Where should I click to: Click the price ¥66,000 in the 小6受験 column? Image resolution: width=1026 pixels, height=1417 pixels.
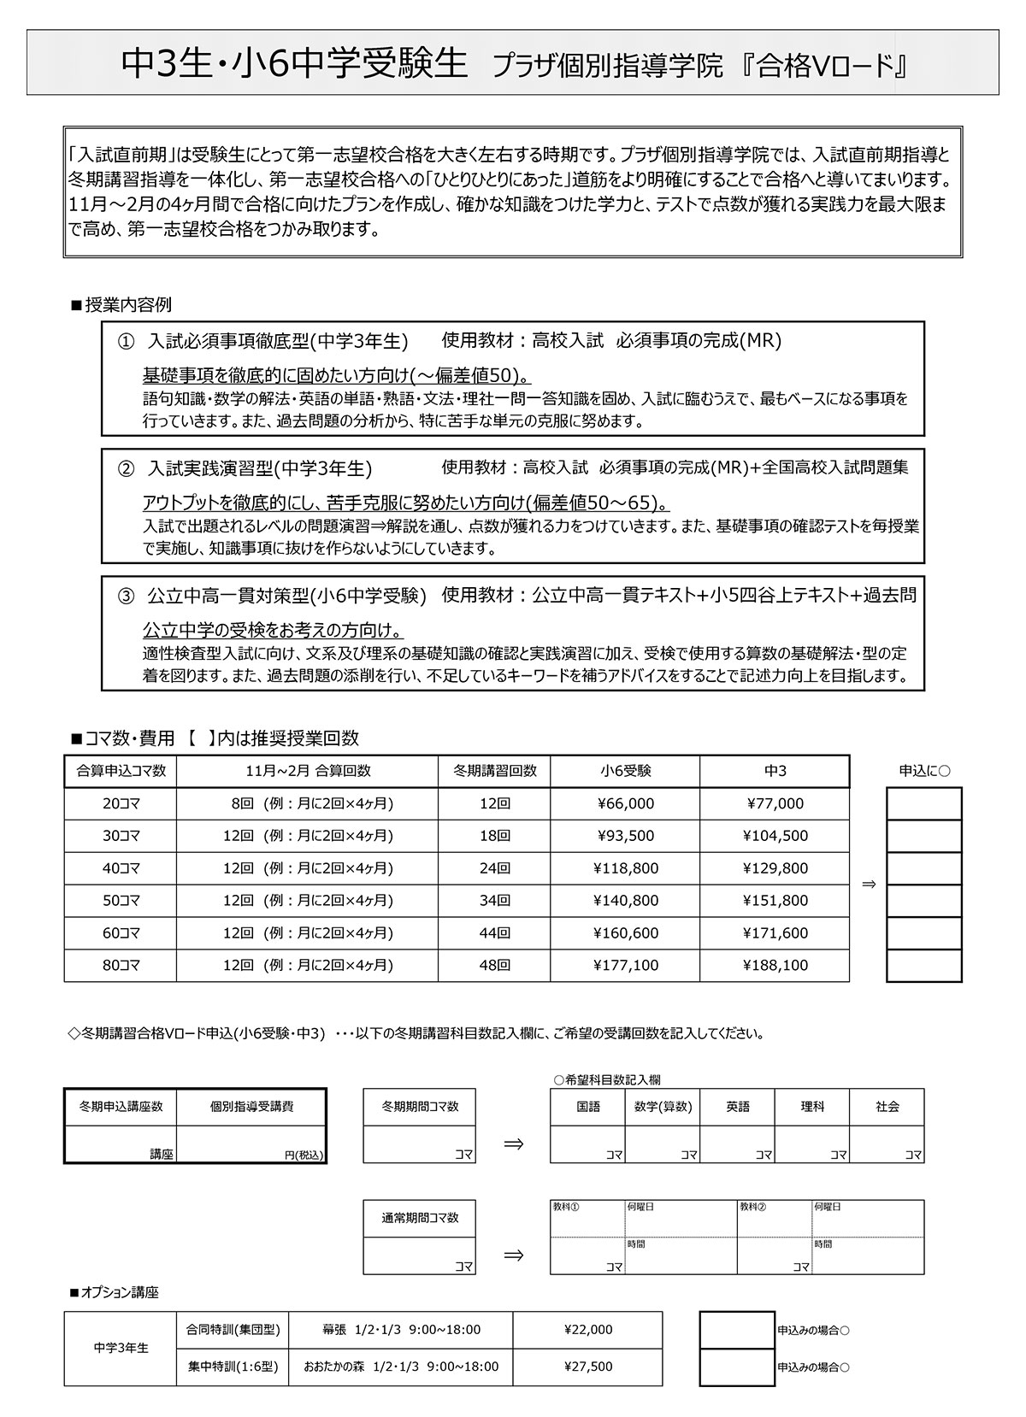coord(625,803)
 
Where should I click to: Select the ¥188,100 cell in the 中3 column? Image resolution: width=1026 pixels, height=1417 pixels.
coord(775,965)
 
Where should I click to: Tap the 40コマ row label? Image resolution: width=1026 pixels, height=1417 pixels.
coord(121,868)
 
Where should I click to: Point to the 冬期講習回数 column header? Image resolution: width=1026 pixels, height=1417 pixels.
coord(494,771)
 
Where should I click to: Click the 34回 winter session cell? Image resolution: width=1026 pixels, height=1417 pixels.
coord(494,901)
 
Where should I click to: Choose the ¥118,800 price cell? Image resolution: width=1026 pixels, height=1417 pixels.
coord(625,868)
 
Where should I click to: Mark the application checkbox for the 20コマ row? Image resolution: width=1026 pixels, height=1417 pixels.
coord(923,803)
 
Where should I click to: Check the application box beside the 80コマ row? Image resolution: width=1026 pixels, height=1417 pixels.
coord(923,965)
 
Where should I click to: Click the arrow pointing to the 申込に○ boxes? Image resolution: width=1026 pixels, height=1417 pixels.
coord(869,885)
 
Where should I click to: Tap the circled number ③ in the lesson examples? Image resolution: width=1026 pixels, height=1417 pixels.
coord(127,596)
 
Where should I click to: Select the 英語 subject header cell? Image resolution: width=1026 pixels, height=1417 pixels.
coord(737,1107)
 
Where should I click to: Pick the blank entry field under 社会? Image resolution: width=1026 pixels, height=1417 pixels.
coord(887,1144)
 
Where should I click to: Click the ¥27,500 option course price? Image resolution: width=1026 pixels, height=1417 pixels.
coord(588,1367)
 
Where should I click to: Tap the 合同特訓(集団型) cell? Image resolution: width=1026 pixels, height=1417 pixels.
coord(233,1330)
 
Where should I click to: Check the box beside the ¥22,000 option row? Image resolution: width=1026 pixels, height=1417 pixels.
coord(736,1330)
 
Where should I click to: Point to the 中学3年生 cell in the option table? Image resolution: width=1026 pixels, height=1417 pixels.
coord(121,1348)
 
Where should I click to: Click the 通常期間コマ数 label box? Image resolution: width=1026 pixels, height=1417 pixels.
coord(419,1218)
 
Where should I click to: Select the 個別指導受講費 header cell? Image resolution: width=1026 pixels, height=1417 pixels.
coord(251,1107)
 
